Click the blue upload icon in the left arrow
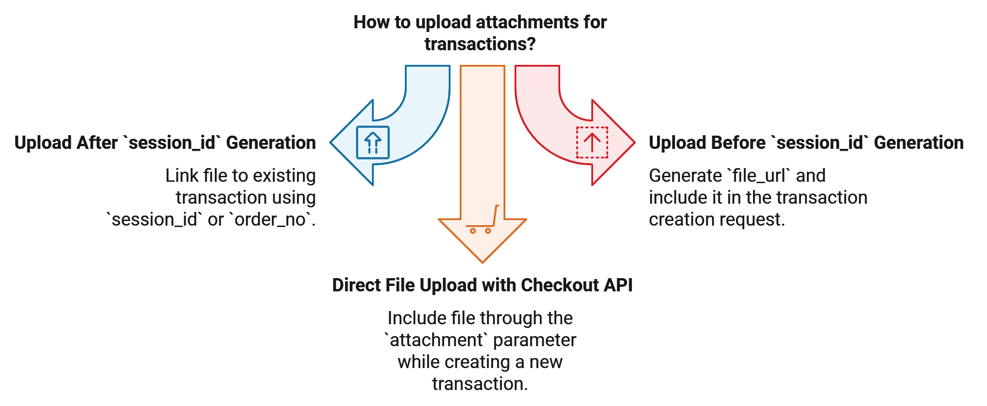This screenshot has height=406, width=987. (x=372, y=142)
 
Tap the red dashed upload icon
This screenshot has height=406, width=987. (x=592, y=142)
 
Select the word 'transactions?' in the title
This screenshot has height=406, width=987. (x=480, y=44)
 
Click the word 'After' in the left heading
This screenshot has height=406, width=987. (x=97, y=143)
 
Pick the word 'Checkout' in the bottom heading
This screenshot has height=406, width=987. (x=560, y=285)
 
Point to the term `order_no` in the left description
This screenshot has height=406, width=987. (x=272, y=220)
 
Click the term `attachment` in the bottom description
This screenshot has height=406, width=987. (x=436, y=340)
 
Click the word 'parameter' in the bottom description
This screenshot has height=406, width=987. (x=535, y=340)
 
